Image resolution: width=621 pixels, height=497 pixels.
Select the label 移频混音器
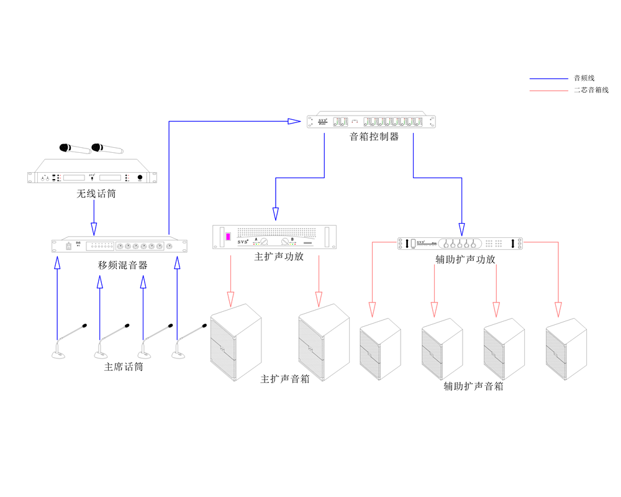coord(122,265)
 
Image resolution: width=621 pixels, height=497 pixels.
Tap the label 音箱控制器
coord(374,136)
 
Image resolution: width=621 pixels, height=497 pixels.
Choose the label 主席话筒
coord(124,367)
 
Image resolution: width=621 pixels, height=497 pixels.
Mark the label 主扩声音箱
coord(285,378)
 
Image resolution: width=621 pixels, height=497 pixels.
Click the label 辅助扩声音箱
coord(473,386)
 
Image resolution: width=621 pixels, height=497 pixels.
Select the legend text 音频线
coord(584,78)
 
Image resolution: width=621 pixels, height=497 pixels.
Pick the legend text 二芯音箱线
coord(591,90)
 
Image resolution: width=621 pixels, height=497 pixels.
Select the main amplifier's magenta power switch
coord(228,237)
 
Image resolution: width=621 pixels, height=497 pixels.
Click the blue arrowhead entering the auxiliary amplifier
coord(461,229)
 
